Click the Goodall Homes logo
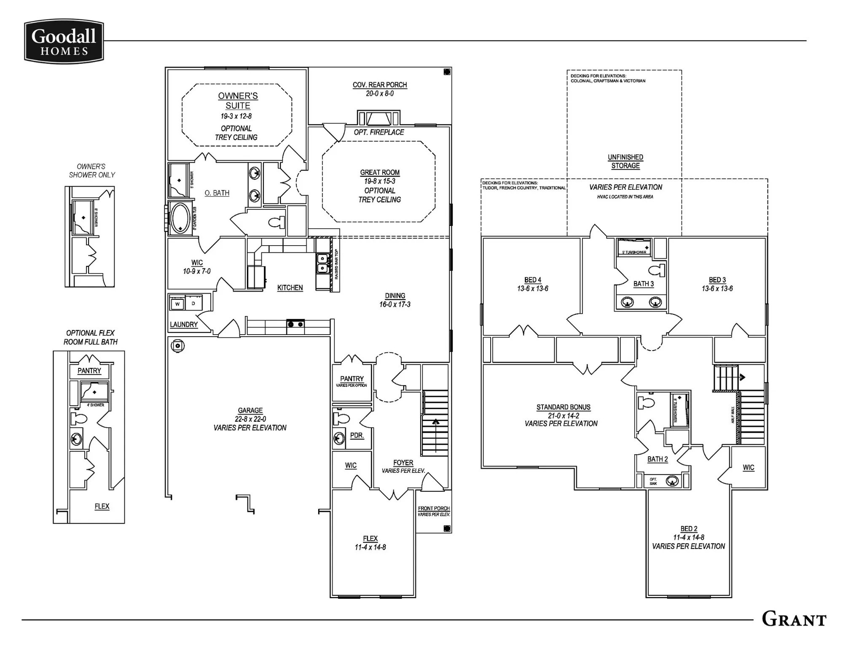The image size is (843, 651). tap(64, 41)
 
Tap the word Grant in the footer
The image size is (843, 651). tap(794, 619)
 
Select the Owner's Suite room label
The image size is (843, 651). tap(238, 101)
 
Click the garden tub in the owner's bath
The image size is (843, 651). tap(181, 218)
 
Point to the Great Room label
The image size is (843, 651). tap(380, 172)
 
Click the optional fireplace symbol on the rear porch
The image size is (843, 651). tap(378, 118)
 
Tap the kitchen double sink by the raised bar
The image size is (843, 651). tap(322, 263)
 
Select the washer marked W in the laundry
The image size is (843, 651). tap(177, 303)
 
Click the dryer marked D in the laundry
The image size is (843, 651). tap(193, 303)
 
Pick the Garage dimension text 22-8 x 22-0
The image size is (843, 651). tap(250, 419)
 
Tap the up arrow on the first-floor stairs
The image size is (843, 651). tap(436, 421)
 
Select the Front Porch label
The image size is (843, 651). tap(434, 508)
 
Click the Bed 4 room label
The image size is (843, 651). tap(533, 280)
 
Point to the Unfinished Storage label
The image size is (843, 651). tap(626, 161)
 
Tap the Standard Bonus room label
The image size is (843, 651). tap(563, 407)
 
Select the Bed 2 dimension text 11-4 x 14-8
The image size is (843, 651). tap(689, 537)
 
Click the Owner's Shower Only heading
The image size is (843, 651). tap(91, 171)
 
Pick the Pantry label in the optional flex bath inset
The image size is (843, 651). tap(89, 371)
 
